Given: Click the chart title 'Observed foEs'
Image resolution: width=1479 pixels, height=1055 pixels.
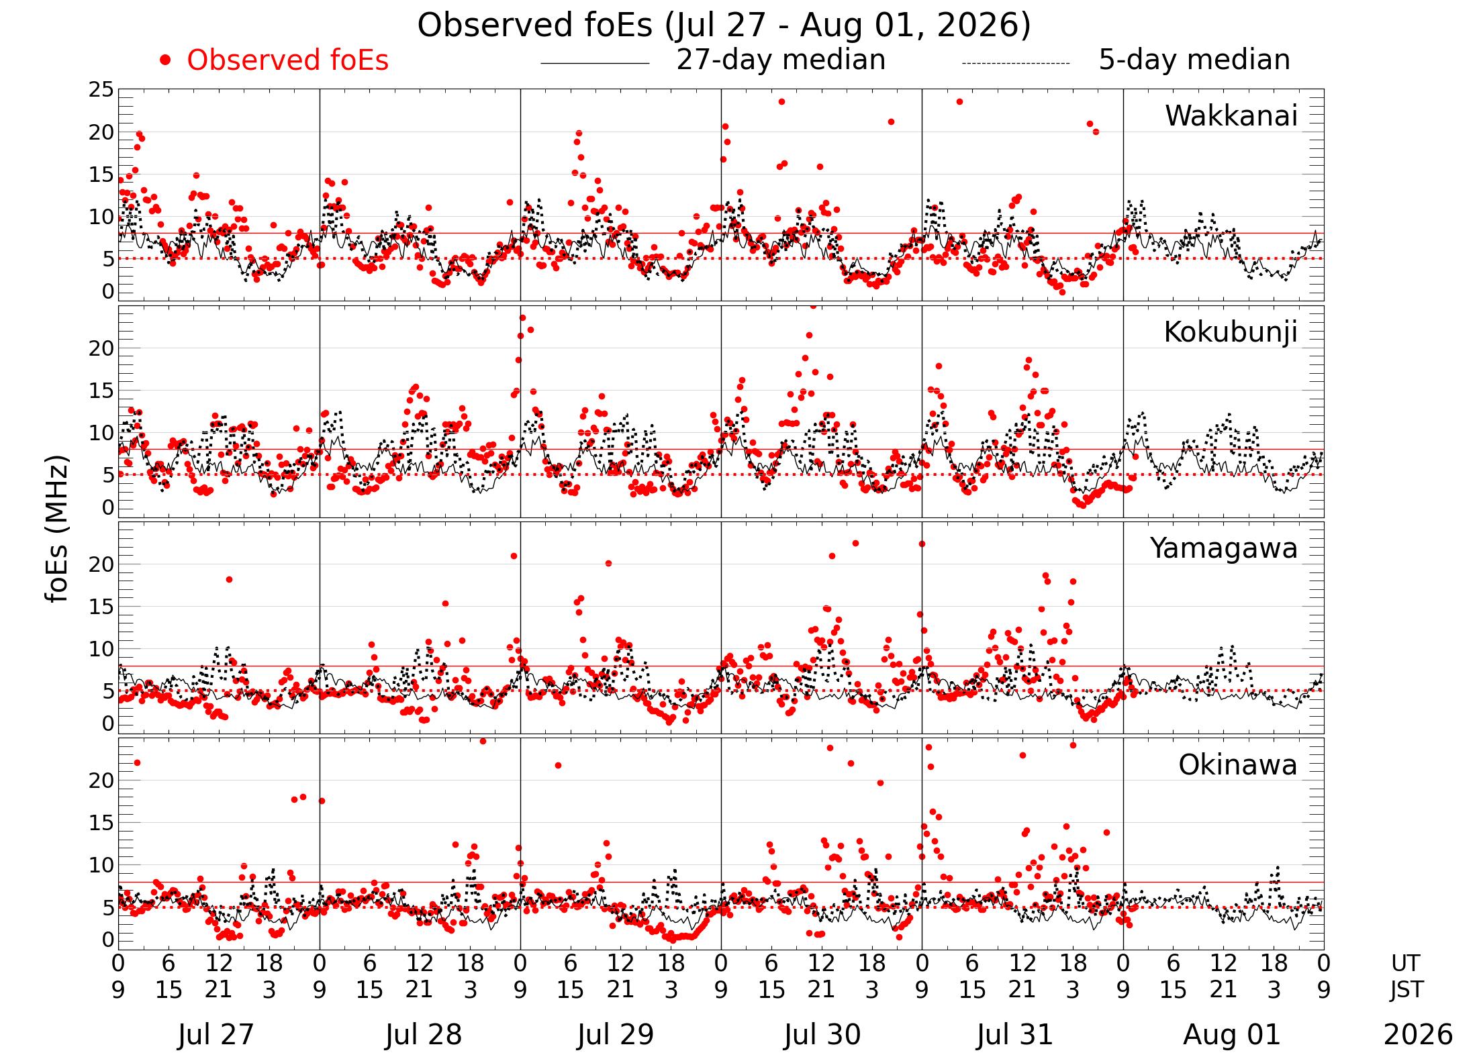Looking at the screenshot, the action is click(534, 26).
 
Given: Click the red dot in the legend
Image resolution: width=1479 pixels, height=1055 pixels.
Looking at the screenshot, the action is click(165, 60).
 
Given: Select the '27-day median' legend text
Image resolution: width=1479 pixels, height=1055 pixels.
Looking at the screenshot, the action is click(781, 60).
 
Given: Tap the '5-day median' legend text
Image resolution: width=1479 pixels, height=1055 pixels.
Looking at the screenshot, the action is click(1194, 60).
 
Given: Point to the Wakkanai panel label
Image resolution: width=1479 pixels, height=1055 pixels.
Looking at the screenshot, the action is click(1231, 115).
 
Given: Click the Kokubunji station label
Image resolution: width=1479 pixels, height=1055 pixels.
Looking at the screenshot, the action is click(1231, 332).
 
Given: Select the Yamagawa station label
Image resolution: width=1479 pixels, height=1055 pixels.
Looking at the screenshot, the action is click(1224, 548).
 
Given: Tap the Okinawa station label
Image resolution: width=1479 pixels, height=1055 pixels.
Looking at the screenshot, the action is click(1238, 764).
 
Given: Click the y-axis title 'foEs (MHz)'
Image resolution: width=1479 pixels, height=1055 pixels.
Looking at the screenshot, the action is click(58, 530).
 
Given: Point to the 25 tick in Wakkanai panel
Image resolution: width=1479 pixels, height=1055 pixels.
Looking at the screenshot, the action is click(101, 89).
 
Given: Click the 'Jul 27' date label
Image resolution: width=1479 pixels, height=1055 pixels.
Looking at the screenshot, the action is click(216, 1034).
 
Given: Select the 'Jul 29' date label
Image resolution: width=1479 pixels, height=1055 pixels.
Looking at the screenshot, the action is click(616, 1034).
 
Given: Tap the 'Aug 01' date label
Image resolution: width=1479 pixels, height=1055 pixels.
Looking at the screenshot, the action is click(1232, 1034).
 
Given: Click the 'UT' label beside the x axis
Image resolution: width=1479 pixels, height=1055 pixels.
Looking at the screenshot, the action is click(1405, 964).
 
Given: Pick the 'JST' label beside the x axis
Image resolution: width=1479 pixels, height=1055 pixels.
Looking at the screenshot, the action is click(1406, 990).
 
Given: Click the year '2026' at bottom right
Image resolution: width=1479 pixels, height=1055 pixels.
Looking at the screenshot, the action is click(1418, 1034).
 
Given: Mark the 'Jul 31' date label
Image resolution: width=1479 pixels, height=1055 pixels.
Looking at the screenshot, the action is click(1015, 1034).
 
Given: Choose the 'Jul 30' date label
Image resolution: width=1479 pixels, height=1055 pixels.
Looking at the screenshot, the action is click(822, 1034).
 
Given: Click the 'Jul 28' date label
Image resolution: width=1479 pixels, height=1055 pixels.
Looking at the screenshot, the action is click(424, 1034).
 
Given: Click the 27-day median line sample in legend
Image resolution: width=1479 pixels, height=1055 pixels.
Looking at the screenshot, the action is click(595, 64).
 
